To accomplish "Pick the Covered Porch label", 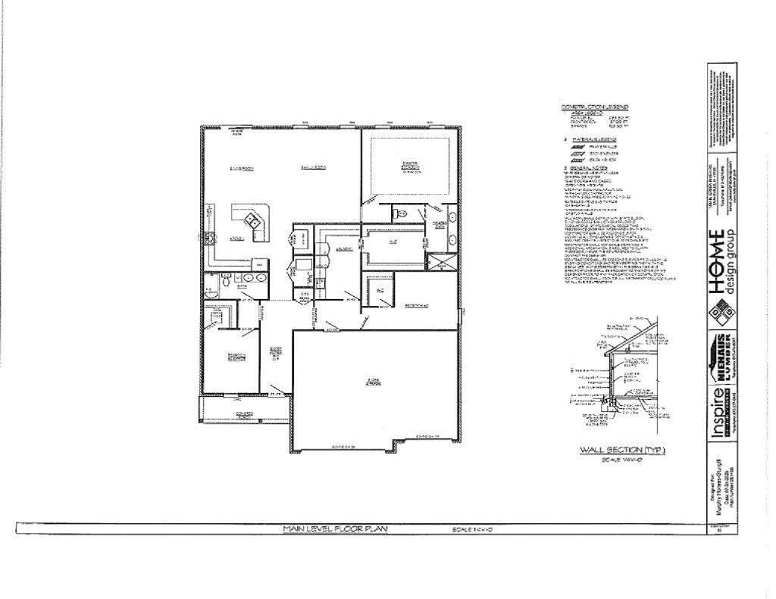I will click(x=243, y=414).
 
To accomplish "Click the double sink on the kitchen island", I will click(x=253, y=222).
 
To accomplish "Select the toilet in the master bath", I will click(x=401, y=216).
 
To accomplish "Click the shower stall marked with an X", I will click(x=437, y=263).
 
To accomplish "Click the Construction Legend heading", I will click(x=594, y=107).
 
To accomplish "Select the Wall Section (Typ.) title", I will click(x=621, y=450).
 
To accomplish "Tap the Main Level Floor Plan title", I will click(x=334, y=529).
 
